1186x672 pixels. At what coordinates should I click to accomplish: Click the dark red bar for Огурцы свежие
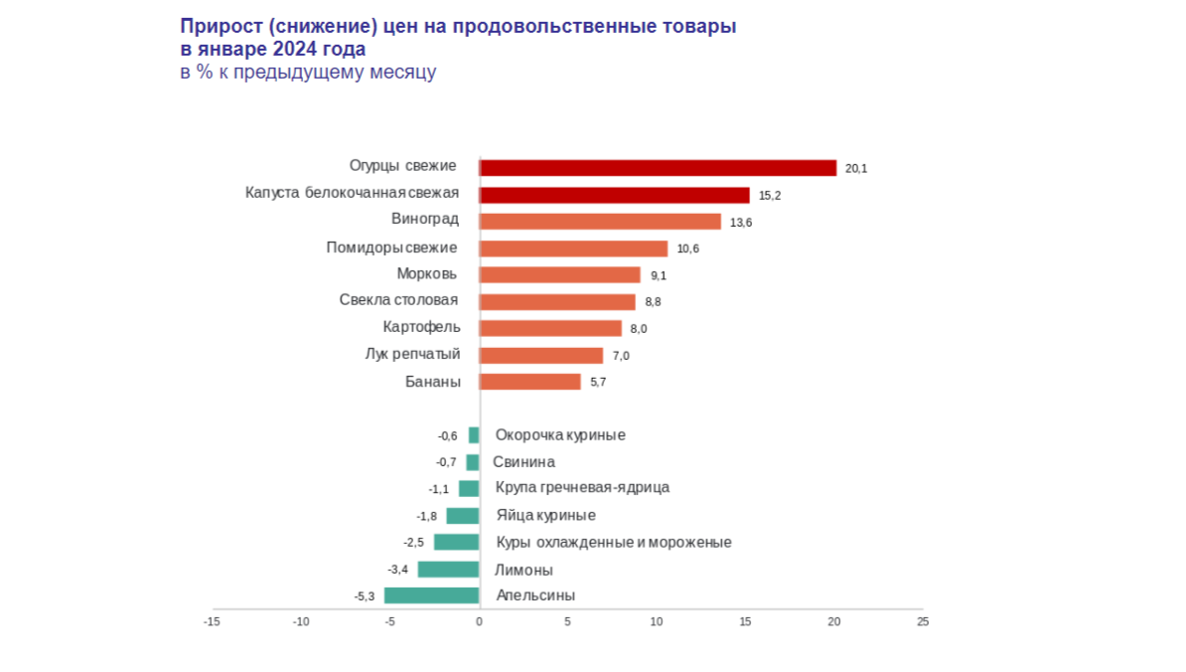(x=658, y=168)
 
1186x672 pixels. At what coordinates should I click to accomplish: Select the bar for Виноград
(x=600, y=222)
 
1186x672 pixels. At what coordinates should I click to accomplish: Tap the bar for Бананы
(x=529, y=382)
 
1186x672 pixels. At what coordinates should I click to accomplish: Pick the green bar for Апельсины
(x=432, y=595)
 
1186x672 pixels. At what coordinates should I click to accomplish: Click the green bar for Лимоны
(x=448, y=570)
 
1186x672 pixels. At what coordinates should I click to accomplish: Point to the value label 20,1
(x=856, y=169)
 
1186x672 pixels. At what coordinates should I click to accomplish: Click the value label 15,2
(x=770, y=196)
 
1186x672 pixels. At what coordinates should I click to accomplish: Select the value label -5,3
(x=365, y=596)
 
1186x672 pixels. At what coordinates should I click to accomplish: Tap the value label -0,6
(x=448, y=435)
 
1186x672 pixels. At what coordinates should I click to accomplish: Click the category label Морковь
(x=427, y=274)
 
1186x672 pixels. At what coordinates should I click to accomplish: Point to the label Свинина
(x=523, y=462)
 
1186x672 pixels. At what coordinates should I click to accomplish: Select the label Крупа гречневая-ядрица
(x=582, y=488)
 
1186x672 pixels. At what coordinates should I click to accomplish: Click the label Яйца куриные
(x=545, y=515)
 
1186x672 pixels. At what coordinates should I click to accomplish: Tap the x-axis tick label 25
(x=923, y=622)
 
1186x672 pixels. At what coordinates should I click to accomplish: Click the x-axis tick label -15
(x=212, y=622)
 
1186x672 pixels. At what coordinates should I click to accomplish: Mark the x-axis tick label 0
(x=479, y=622)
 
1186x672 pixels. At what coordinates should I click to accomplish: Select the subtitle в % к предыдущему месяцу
(x=308, y=72)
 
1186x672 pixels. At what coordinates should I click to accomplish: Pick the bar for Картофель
(x=550, y=328)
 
